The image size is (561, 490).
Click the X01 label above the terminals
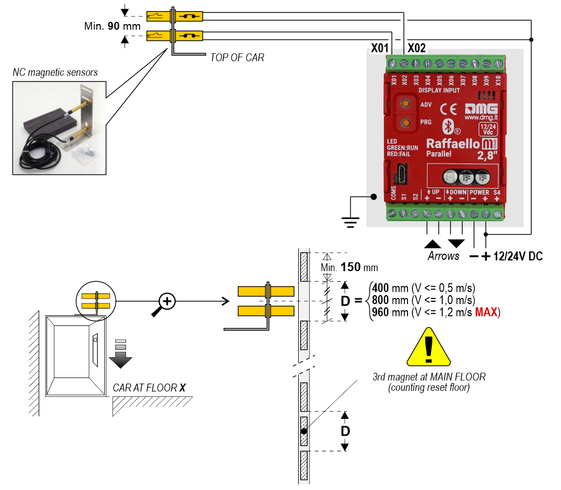coord(381,49)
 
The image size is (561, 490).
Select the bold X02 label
coord(418,49)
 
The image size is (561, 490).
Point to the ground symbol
coord(351,222)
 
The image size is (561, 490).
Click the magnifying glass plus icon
coord(166,303)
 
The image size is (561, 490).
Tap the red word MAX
coord(486,312)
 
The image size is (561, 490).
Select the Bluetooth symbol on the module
coord(447,124)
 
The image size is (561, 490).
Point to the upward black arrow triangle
coord(432,243)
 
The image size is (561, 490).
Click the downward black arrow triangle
coord(456,243)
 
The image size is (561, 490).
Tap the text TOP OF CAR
coord(237,57)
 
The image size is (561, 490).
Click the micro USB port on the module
coord(402,171)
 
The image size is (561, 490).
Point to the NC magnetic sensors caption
coord(55,72)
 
